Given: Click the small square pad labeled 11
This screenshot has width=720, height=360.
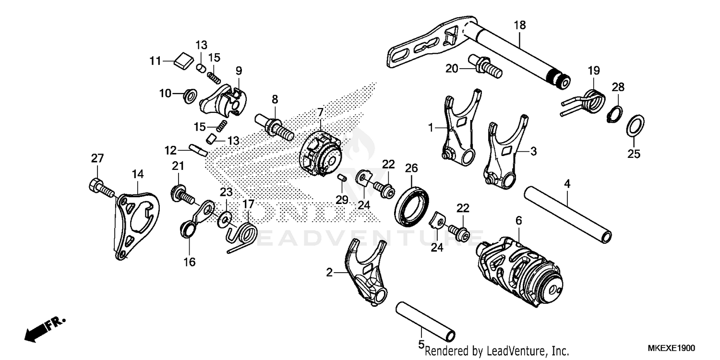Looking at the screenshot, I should point(182,60).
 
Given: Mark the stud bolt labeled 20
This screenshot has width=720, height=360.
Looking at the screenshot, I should point(485,66).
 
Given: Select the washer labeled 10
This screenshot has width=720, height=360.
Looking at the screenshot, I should point(189,95).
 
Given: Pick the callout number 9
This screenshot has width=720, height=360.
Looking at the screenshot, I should point(238,70).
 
